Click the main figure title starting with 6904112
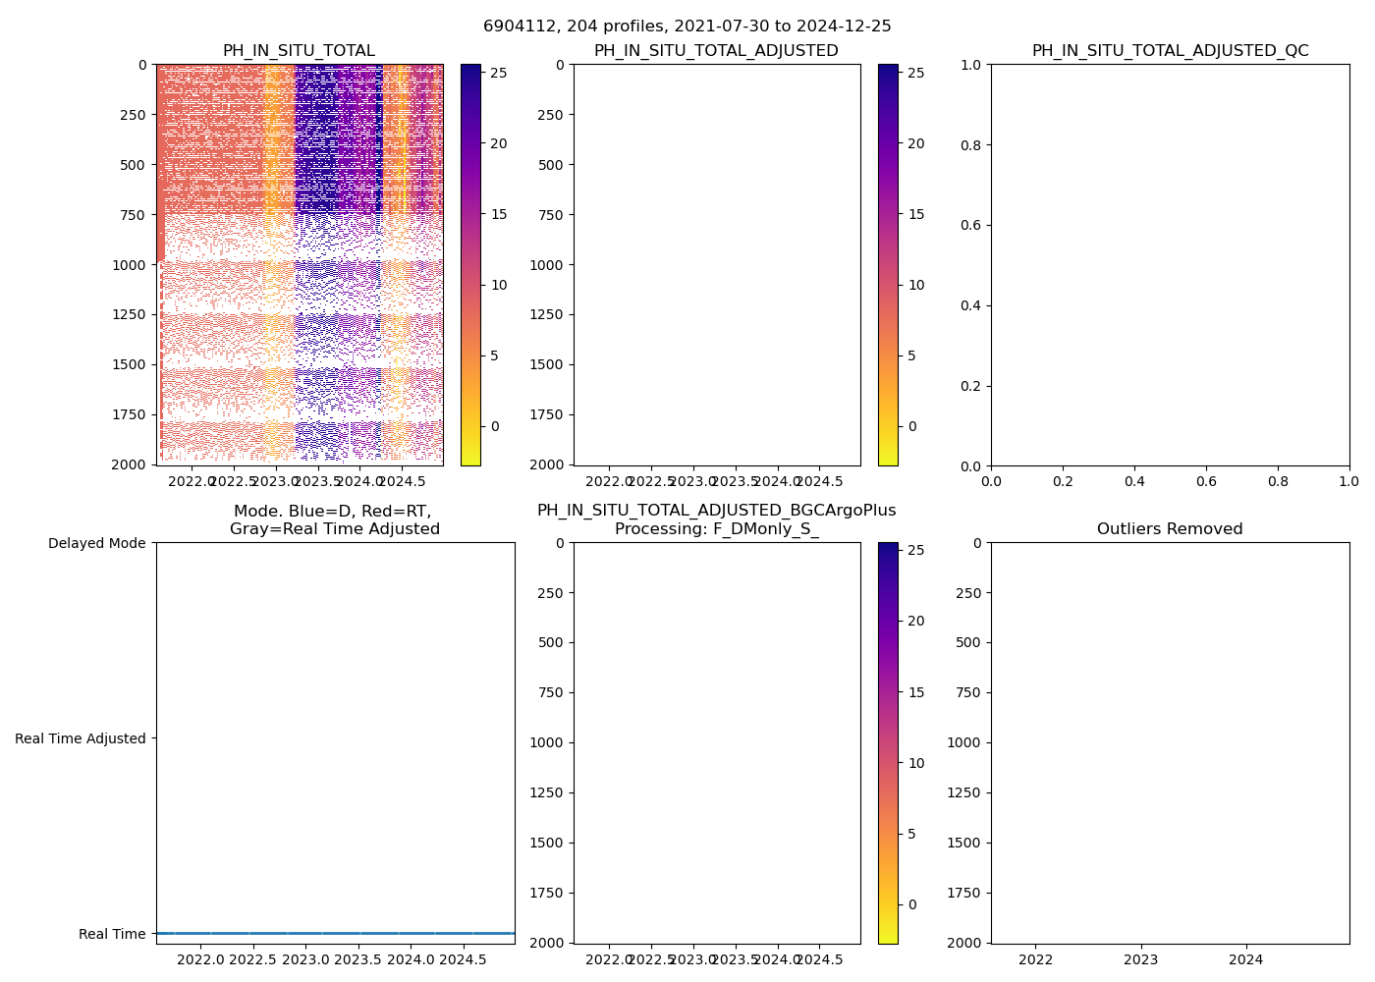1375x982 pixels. tap(687, 27)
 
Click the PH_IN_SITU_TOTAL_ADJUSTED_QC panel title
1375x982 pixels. tap(1170, 51)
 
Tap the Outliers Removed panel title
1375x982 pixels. tap(1170, 529)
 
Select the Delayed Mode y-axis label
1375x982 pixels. tap(96, 543)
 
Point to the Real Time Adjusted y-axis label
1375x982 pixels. tap(81, 738)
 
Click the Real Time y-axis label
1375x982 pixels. tap(112, 934)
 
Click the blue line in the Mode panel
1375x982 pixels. tap(335, 933)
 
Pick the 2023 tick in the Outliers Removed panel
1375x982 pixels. tap(1141, 959)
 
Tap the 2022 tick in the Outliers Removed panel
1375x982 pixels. tap(1036, 959)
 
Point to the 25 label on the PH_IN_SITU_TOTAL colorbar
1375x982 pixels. tap(499, 73)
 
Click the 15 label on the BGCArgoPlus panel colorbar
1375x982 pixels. tap(916, 692)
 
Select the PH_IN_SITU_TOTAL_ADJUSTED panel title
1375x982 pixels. tap(716, 51)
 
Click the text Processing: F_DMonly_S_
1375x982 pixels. tap(716, 529)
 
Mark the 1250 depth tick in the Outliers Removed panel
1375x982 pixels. tap(964, 792)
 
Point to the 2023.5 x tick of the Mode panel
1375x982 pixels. tap(357, 959)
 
